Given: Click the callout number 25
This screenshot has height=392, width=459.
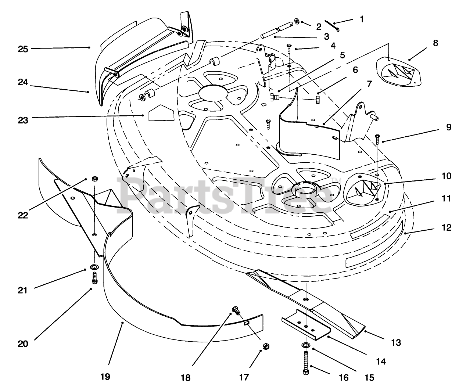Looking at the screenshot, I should pos(23,48).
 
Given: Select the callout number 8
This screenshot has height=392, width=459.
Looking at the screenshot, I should pos(435,43).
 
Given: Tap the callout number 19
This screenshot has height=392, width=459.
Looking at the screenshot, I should pos(105,377).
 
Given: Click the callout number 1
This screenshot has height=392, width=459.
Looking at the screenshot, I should pos(362,19).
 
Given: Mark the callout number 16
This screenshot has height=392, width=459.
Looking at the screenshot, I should pos(344,377).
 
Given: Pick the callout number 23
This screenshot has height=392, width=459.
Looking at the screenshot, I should pos(23,120).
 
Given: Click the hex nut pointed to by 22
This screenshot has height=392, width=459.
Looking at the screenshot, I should pos(94,179).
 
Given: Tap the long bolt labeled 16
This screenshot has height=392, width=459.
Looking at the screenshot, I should pos(306,362).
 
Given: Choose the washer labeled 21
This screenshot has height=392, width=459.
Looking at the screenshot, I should pos(94,266).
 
